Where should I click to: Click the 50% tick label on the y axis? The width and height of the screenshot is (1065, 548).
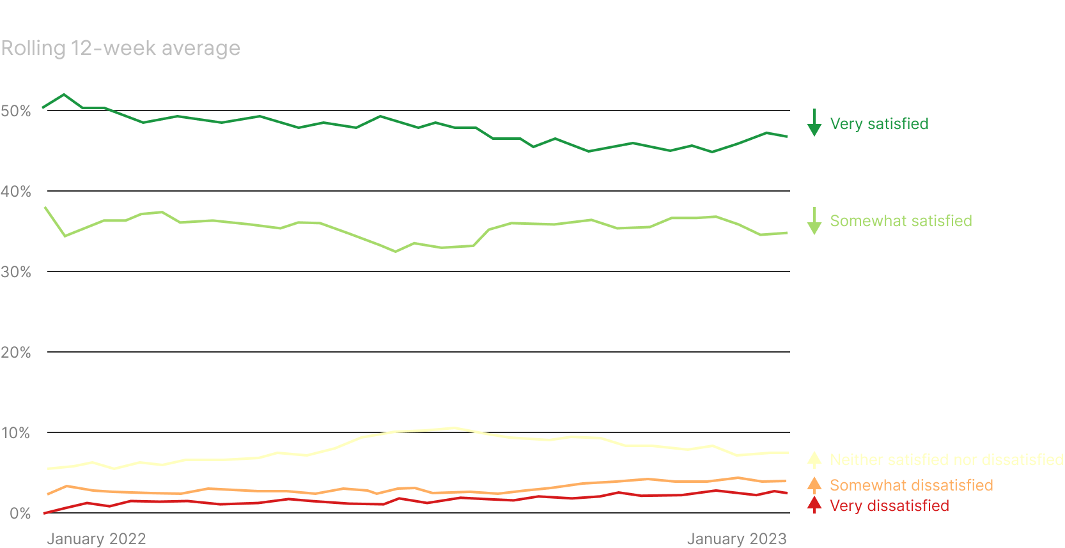16,111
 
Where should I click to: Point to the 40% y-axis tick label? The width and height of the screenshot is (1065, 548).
16,192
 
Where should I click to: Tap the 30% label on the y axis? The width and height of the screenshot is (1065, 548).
16,272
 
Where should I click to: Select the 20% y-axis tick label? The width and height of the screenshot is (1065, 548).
16,353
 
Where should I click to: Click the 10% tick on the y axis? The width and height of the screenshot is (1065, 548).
16,433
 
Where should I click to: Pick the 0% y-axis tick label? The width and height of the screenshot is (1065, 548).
20,514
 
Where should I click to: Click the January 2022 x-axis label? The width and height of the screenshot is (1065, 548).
97,538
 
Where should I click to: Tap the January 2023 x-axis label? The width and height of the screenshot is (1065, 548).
736,538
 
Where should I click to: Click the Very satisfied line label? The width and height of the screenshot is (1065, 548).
879,124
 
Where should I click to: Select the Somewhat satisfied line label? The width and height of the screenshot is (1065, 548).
901,221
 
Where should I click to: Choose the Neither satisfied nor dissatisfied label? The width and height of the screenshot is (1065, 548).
946,460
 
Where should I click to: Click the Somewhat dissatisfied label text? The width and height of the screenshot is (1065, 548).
911,485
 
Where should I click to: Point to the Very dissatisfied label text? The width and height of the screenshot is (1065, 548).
889,506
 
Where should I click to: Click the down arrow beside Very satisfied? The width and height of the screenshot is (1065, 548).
814,123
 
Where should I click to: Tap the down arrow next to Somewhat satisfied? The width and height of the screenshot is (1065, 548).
814,221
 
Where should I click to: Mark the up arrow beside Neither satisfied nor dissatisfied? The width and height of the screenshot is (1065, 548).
814,459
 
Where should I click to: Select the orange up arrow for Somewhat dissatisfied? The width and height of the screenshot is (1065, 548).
814,485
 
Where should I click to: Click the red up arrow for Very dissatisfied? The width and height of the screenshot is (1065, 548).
814,505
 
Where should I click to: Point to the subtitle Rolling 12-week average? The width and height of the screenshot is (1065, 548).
121,49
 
